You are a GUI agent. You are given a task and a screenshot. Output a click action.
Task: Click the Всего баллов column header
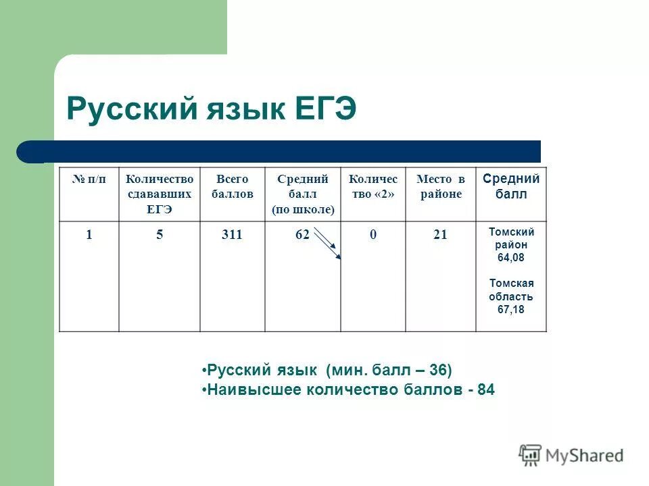tap(232, 186)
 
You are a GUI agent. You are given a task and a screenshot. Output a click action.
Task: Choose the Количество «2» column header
tap(373, 186)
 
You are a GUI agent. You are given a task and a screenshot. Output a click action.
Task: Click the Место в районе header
tap(440, 186)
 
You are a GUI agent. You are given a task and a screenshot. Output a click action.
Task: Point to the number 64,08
tap(512, 258)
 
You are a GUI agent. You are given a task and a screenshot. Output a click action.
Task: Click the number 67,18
tap(512, 309)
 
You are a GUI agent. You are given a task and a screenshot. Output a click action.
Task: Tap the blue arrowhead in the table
tap(339, 256)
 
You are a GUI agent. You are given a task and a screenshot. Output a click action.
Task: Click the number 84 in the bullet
tap(485, 389)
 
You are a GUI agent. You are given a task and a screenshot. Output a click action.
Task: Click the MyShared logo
tap(571, 455)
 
